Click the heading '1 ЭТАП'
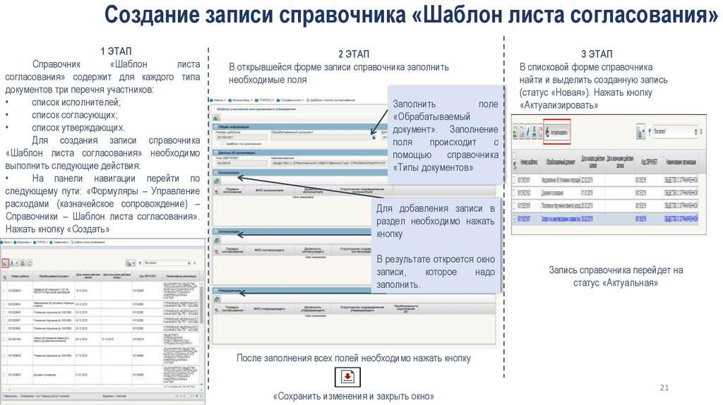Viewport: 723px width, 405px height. [112, 52]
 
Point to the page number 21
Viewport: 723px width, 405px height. [664, 387]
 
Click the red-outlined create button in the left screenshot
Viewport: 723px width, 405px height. [6, 262]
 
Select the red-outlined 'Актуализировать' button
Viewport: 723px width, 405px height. [556, 131]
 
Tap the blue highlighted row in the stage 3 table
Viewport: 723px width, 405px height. [607, 219]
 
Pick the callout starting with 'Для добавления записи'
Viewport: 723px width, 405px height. [436, 246]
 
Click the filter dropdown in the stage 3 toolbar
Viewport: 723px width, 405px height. [668, 131]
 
